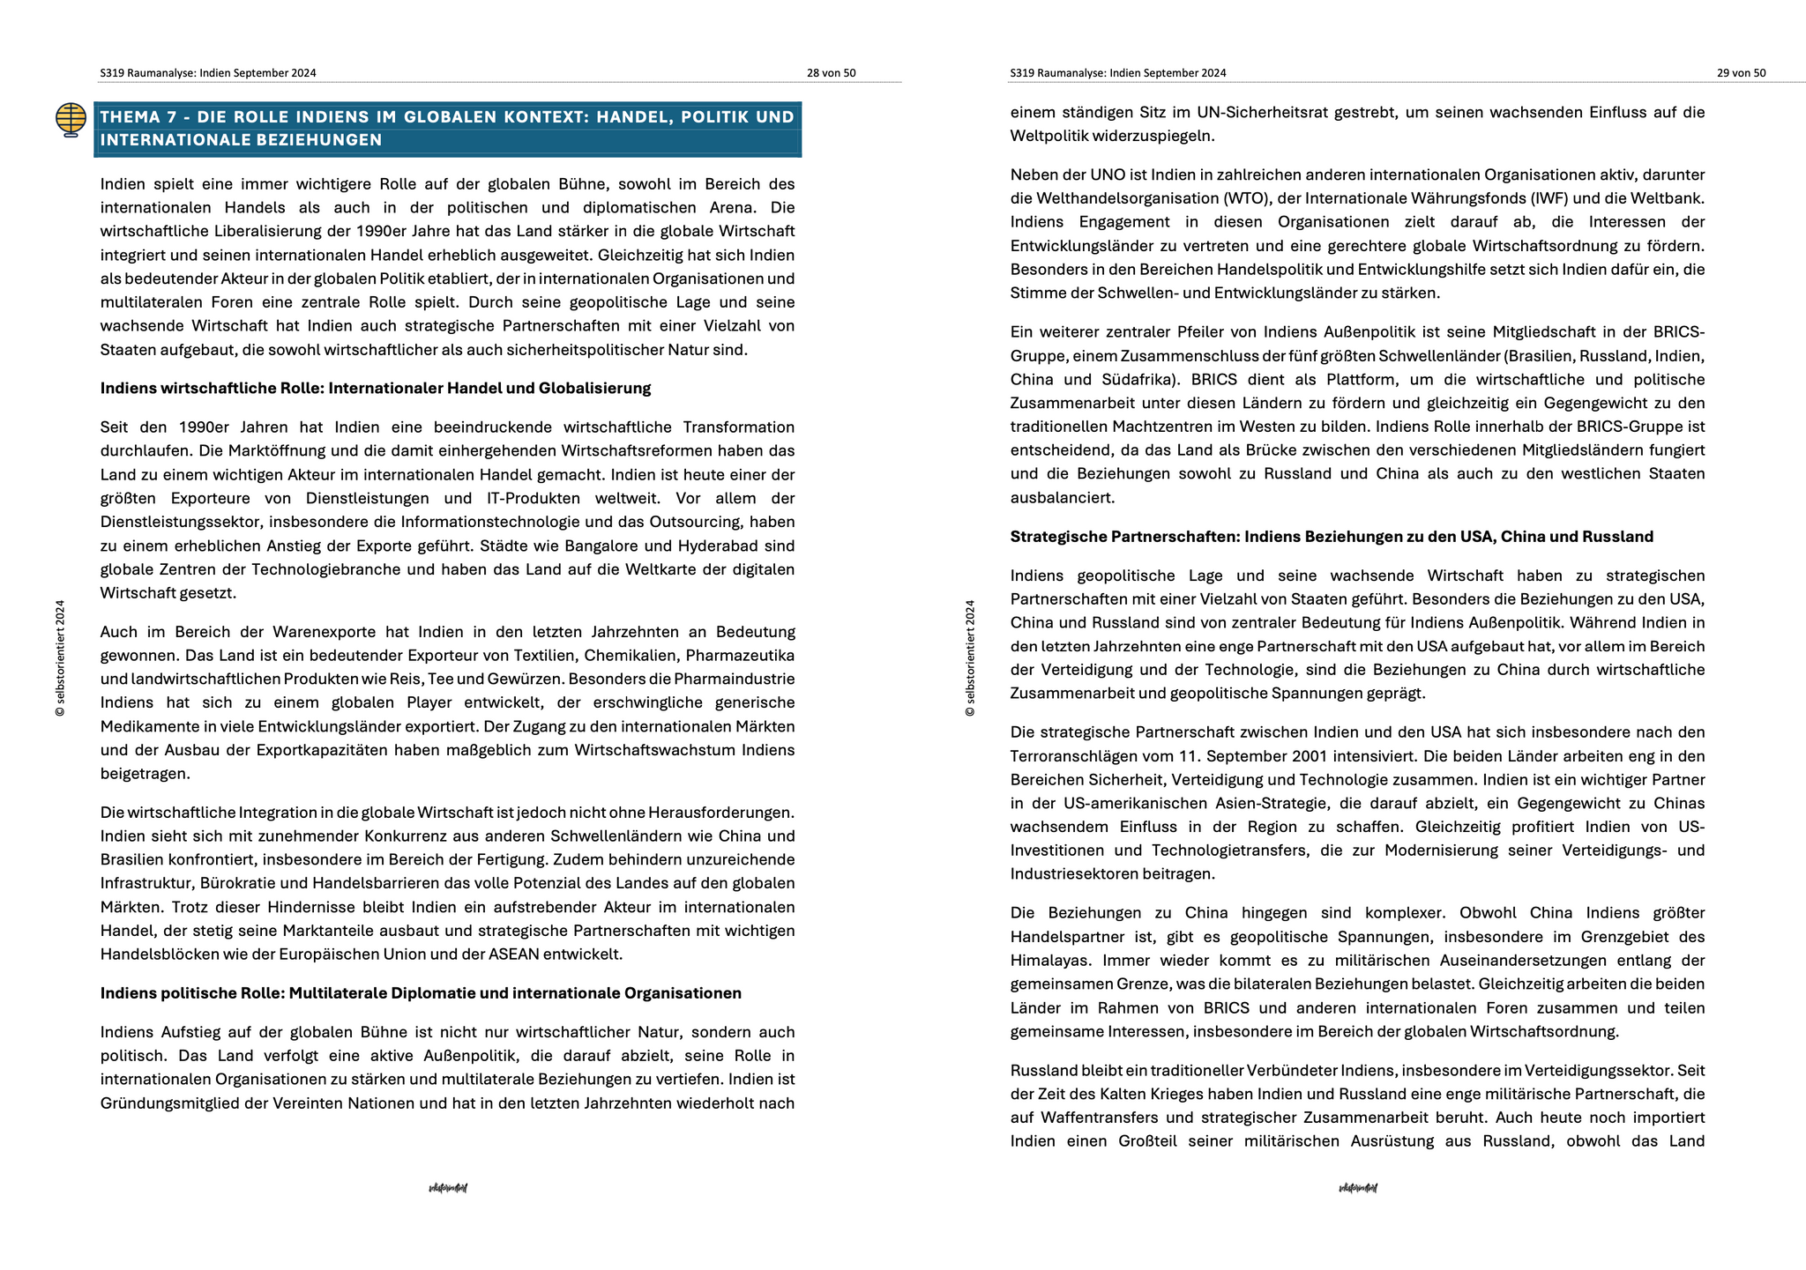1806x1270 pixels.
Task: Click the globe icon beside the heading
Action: click(71, 119)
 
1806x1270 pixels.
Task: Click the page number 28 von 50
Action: click(831, 73)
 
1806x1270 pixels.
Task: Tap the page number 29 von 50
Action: click(1741, 73)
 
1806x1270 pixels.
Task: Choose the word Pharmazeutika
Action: click(740, 656)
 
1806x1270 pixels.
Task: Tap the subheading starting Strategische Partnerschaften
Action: click(1332, 537)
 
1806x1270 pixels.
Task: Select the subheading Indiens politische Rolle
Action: click(421, 993)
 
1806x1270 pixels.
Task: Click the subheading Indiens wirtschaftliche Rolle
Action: click(376, 388)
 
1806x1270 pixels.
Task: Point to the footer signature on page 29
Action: click(1358, 1188)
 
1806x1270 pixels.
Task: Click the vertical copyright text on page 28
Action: click(60, 657)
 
